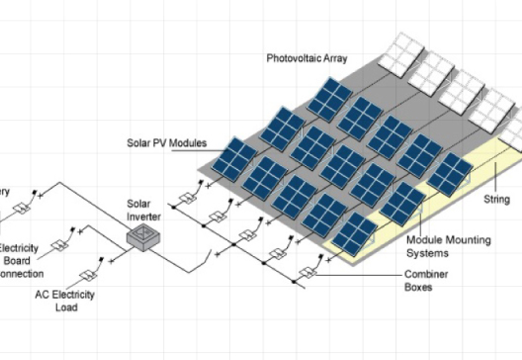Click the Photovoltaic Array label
coord(307,58)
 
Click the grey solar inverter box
coord(145,237)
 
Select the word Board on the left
coord(18,260)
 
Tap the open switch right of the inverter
coord(205,263)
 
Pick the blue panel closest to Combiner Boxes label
coord(355,234)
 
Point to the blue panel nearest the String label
coord(451,175)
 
